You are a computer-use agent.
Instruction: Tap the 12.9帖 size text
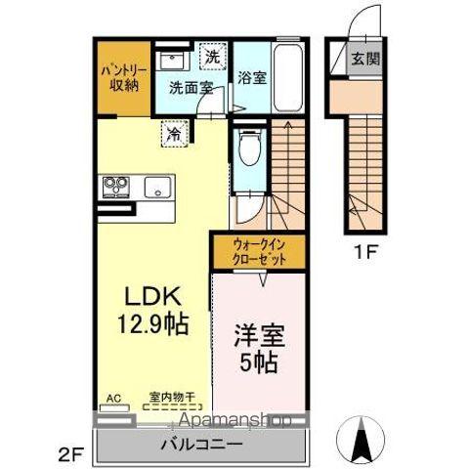tap(153, 321)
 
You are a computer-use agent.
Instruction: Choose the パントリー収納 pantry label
tap(121, 77)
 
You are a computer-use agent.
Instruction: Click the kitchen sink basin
tap(156, 186)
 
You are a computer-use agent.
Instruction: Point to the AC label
tap(113, 398)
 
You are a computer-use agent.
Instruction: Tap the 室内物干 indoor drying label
tap(172, 398)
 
